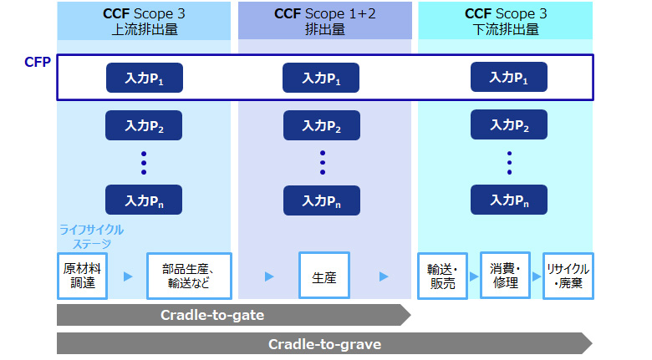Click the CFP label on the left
[x=38, y=62]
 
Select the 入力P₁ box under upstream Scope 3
[x=144, y=78]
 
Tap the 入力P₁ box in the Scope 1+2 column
[x=322, y=78]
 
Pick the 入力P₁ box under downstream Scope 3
[x=508, y=77]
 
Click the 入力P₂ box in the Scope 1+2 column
[x=322, y=126]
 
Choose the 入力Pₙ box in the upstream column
[x=144, y=200]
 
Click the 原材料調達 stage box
[x=82, y=276]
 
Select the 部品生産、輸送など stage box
[x=188, y=276]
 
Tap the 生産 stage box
[x=323, y=276]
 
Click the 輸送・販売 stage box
[x=441, y=276]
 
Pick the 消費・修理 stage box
[x=505, y=276]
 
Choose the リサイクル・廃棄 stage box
[x=568, y=276]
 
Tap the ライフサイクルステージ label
[x=91, y=236]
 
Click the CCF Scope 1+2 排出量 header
[x=324, y=21]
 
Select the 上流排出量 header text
[x=143, y=28]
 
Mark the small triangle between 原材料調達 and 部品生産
[x=128, y=276]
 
